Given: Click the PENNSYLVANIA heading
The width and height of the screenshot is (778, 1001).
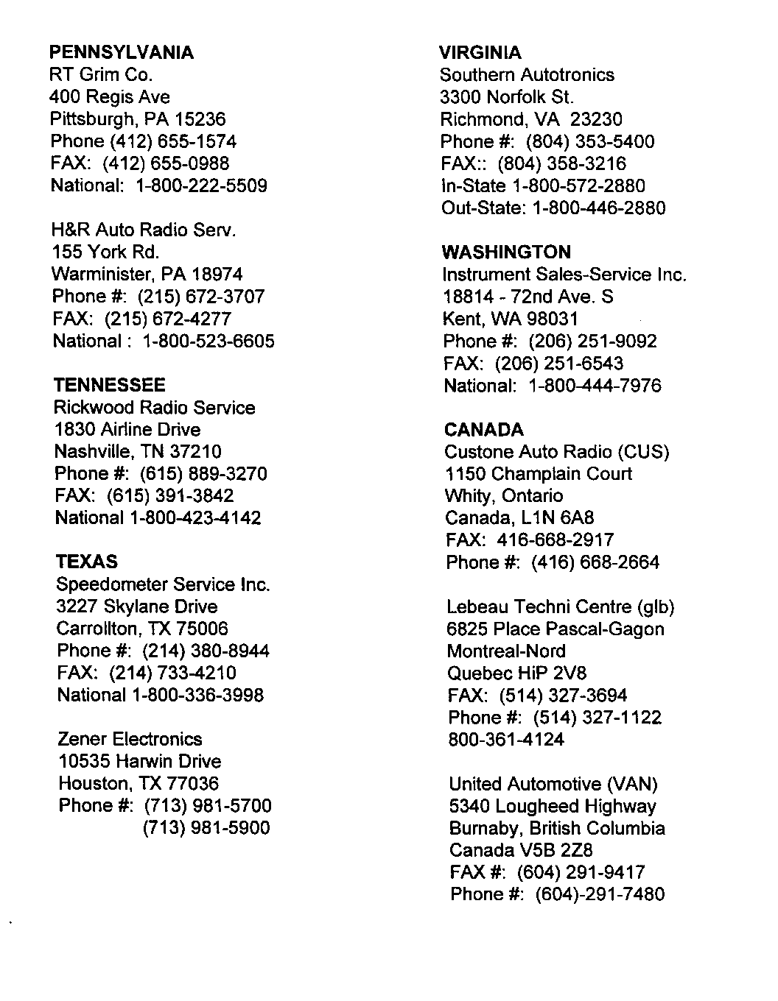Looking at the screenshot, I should (122, 52).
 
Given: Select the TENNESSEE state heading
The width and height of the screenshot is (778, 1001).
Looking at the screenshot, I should (110, 385).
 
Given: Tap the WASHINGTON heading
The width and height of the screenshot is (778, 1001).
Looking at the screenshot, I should (506, 252).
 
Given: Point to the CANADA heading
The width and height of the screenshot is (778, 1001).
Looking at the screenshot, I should (484, 430).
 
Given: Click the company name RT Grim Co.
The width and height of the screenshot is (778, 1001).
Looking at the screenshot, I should (101, 74).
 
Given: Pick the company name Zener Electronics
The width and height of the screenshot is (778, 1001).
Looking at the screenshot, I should (130, 739).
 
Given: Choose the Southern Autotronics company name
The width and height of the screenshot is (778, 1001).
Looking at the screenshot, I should (527, 75).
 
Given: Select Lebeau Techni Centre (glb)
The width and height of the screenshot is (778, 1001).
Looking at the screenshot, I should (561, 607).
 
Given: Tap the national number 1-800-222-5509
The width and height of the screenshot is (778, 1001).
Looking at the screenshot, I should (202, 185).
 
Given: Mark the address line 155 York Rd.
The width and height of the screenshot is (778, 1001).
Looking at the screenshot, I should (105, 252).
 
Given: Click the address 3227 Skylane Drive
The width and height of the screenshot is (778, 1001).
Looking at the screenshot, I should (137, 606).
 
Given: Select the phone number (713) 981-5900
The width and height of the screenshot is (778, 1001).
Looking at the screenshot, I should (206, 828).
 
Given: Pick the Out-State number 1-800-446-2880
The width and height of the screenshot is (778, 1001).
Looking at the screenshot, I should (598, 208).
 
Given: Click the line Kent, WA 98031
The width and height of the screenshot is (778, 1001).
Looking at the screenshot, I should (511, 319).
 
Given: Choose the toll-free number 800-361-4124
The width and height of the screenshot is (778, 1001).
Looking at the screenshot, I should (506, 740).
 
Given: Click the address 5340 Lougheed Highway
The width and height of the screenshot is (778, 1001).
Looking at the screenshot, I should (553, 806).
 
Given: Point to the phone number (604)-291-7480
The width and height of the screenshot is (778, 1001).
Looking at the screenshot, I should (600, 895).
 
